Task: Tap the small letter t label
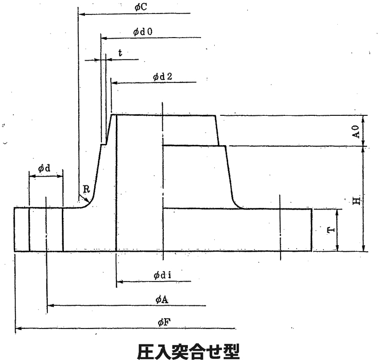coord(120,53)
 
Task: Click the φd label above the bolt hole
coord(45,169)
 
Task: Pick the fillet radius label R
coord(87,190)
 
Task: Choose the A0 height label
coord(355,131)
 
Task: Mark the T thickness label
coord(330,230)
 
